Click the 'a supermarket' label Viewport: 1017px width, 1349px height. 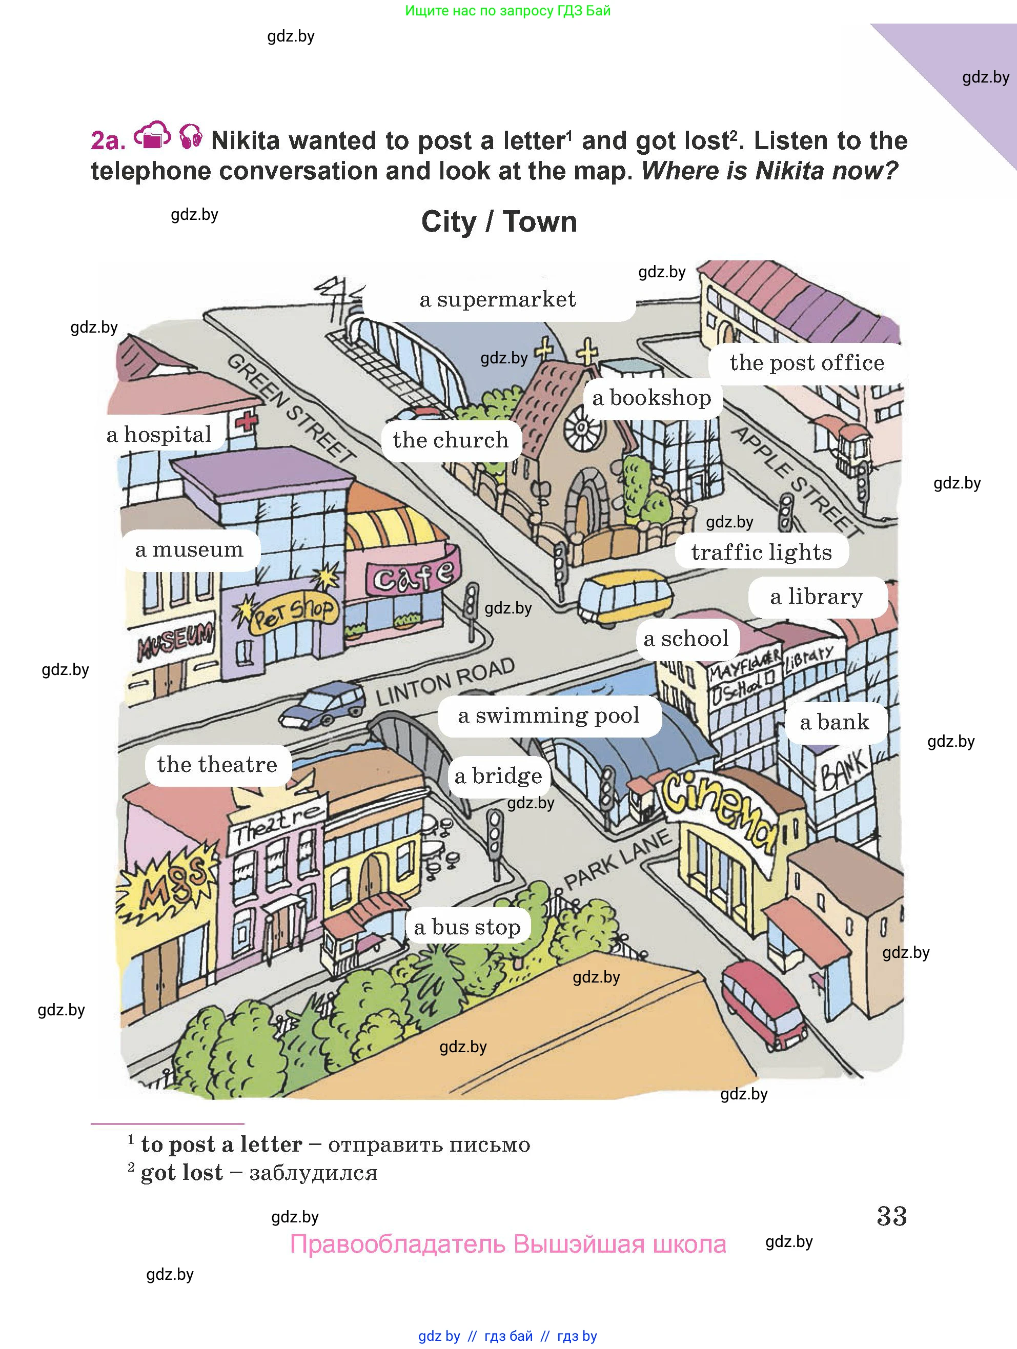click(498, 299)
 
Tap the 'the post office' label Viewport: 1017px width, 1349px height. click(806, 363)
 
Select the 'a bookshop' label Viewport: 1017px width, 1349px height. click(652, 398)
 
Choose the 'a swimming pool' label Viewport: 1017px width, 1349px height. click(548, 716)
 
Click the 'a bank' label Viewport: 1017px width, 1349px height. click(834, 722)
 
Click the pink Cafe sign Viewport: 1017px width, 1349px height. click(413, 573)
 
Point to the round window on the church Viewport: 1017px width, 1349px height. click(581, 427)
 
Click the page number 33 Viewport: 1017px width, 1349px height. click(891, 1216)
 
